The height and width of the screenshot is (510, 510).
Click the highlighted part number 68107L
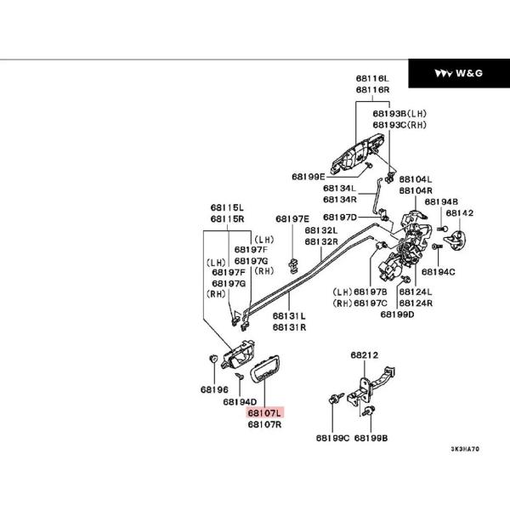[x=264, y=412]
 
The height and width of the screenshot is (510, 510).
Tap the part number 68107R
[x=264, y=423]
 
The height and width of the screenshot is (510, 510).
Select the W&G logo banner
[x=458, y=74]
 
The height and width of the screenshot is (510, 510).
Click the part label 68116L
[x=372, y=78]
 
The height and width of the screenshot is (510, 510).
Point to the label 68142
[x=460, y=213]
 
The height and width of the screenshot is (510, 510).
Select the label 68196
[x=214, y=389]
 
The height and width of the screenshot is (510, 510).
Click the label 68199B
[x=371, y=439]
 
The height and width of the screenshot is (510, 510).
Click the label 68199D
[x=397, y=314]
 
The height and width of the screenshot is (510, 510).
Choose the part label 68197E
[x=292, y=218]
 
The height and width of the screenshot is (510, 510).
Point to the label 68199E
[x=308, y=177]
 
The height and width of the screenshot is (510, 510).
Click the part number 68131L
[x=289, y=315]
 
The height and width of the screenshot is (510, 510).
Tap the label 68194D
[x=240, y=401]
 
